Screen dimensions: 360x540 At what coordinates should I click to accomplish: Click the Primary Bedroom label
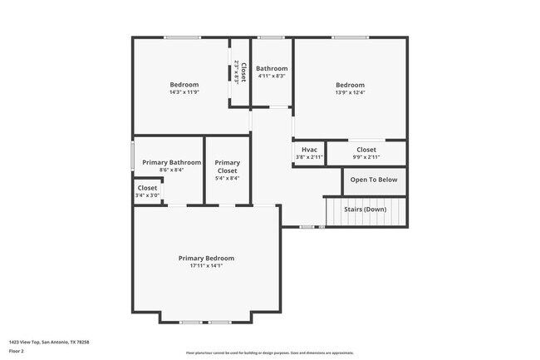click(x=206, y=258)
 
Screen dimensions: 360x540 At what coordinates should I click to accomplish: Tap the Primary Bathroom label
click(x=171, y=162)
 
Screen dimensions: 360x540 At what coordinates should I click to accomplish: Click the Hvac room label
click(x=309, y=150)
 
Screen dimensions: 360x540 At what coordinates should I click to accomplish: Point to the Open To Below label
click(x=373, y=180)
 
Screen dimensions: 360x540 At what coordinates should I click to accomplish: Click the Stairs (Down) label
click(x=365, y=209)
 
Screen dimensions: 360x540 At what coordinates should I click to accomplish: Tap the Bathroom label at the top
click(x=272, y=68)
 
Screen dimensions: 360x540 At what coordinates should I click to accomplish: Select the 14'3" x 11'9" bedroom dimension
click(x=184, y=92)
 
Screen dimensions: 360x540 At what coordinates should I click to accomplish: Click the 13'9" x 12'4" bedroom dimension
click(x=350, y=92)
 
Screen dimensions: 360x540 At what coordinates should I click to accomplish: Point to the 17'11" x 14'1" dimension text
click(x=206, y=265)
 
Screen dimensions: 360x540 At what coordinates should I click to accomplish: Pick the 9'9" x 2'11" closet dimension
click(x=366, y=156)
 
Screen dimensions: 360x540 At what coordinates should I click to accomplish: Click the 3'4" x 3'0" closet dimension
click(x=147, y=195)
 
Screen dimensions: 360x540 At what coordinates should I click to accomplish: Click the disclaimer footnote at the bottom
click(x=269, y=353)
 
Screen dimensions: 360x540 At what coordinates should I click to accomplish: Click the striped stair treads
click(x=366, y=213)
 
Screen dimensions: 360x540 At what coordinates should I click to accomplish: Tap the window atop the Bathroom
click(x=271, y=37)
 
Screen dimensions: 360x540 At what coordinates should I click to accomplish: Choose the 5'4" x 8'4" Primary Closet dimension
click(x=227, y=178)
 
